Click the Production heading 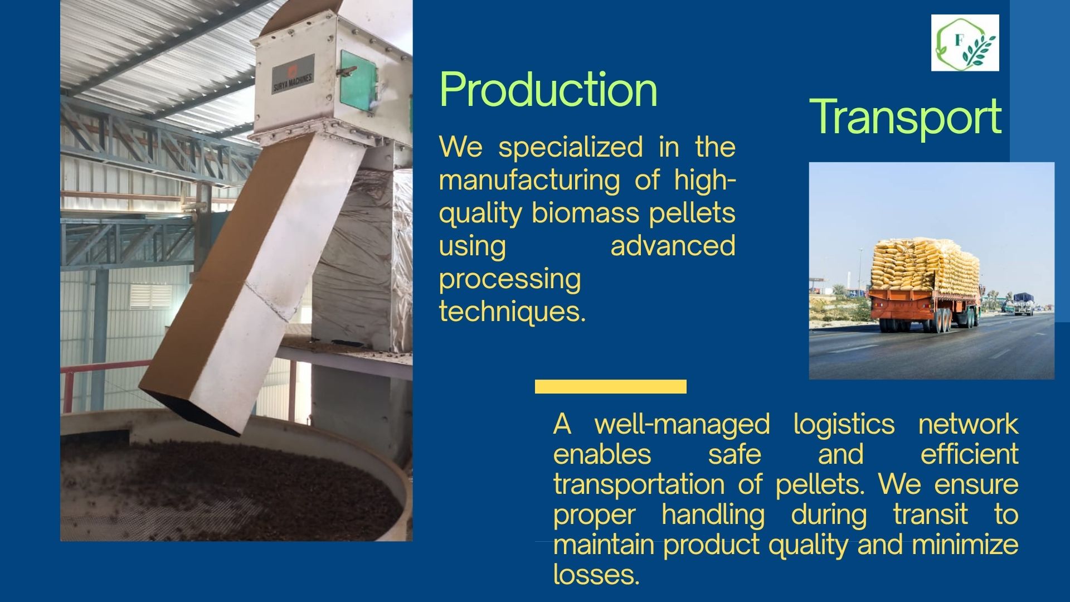[x=548, y=90]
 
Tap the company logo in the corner [x=965, y=43]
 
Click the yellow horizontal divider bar [x=611, y=386]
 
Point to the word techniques [x=512, y=311]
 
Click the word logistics [x=844, y=425]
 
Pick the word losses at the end [x=596, y=574]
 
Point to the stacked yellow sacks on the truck [x=925, y=266]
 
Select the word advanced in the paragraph [x=673, y=246]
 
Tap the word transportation [x=639, y=484]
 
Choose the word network [x=968, y=425]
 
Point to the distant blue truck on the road [x=1023, y=303]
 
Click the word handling [x=713, y=515]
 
